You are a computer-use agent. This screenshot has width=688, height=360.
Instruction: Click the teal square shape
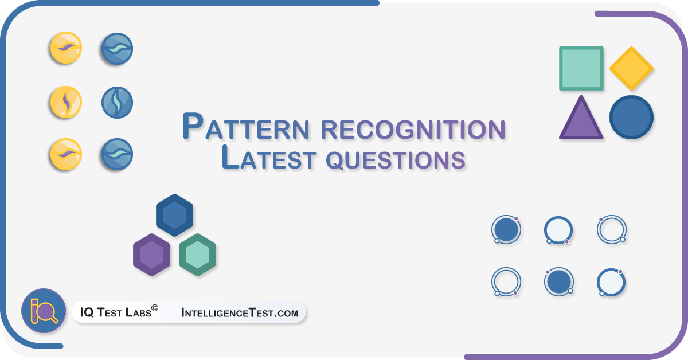[x=581, y=68]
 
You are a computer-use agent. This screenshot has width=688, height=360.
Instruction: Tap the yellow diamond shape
[x=631, y=68]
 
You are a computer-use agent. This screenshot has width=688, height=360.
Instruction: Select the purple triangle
[x=581, y=118]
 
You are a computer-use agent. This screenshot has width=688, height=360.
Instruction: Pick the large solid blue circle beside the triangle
[x=631, y=117]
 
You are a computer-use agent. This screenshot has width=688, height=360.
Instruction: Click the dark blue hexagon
[x=174, y=215]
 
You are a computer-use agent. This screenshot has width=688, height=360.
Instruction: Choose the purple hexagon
[x=151, y=255]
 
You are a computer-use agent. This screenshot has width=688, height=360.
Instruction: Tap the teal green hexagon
[x=197, y=255]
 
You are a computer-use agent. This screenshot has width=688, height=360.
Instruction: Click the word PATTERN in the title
[x=246, y=126]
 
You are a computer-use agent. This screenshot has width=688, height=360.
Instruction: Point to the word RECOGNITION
[x=413, y=130]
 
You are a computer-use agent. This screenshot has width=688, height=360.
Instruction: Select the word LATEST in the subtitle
[x=269, y=157]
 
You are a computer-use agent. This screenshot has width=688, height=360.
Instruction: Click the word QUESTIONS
[x=395, y=160]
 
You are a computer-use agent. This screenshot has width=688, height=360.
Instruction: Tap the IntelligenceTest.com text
[x=240, y=312]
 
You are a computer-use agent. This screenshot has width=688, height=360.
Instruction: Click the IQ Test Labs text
[x=115, y=312]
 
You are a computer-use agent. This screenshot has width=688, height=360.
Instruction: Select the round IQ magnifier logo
[x=44, y=311]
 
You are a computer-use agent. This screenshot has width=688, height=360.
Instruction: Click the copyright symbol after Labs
[x=155, y=308]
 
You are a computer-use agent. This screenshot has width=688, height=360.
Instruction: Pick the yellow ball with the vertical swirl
[x=66, y=102]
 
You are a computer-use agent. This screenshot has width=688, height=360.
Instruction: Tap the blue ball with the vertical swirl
[x=117, y=102]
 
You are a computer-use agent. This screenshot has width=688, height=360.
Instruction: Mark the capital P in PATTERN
[x=193, y=126]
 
